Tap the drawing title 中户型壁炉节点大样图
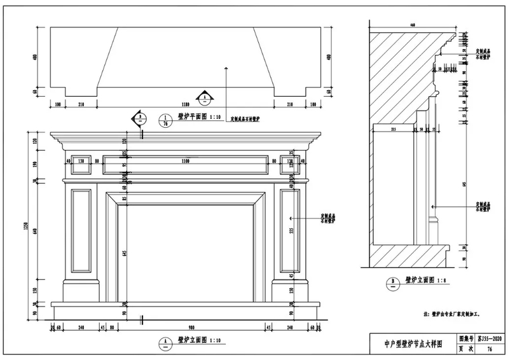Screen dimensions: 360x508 click(412, 344)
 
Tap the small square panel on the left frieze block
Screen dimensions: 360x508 click(81, 165)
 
